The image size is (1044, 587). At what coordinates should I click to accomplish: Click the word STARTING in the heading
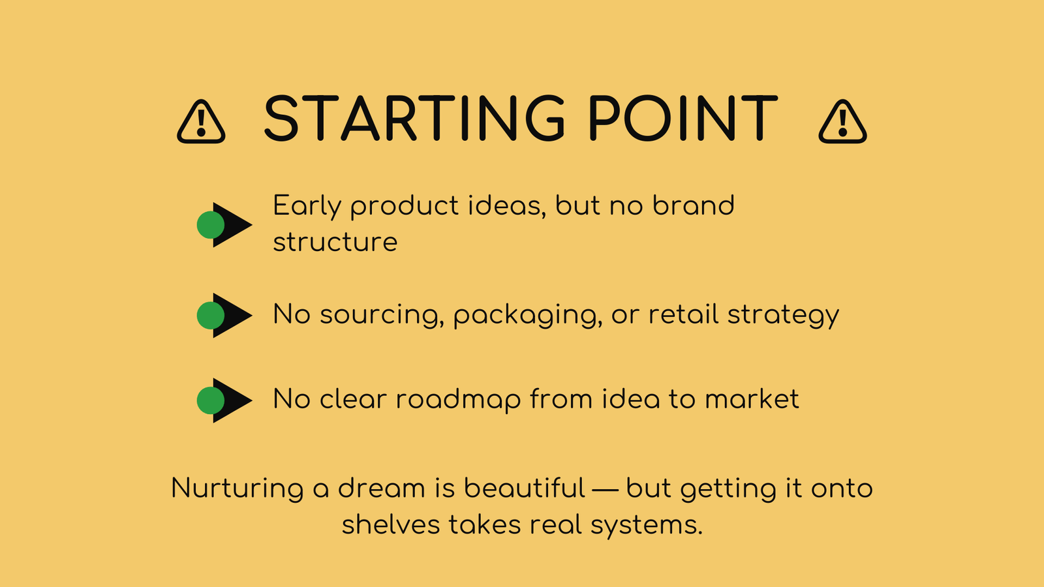tap(414, 118)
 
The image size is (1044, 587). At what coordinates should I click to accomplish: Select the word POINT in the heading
tap(683, 118)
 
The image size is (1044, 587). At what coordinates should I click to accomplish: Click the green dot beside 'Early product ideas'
tap(211, 225)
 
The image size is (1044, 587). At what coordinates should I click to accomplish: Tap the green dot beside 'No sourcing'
tap(211, 316)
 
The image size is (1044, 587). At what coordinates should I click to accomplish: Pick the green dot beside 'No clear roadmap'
tap(211, 400)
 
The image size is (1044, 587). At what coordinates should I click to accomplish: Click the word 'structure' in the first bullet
tap(335, 242)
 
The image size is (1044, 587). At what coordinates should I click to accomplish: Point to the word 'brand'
tap(694, 205)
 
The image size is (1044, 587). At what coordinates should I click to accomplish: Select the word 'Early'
tap(307, 207)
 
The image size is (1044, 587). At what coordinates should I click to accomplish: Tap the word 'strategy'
tap(784, 316)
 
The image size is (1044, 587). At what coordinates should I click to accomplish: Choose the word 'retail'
tap(684, 314)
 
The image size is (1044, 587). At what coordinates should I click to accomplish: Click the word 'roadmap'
tap(458, 400)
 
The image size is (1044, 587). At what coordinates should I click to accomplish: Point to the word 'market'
tap(752, 399)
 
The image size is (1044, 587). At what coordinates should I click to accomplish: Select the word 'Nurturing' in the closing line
tap(238, 489)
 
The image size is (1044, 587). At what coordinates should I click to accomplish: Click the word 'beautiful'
tap(525, 488)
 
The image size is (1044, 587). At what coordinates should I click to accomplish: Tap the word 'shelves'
tap(391, 524)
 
